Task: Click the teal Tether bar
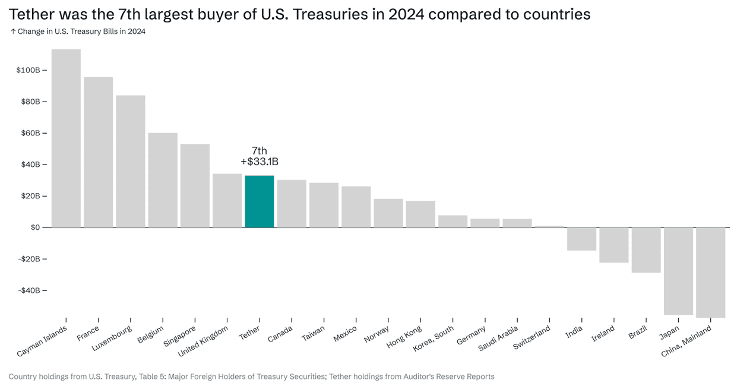coord(260,201)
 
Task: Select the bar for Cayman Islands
coord(66,138)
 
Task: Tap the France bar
coord(98,152)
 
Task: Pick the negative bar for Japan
coord(678,271)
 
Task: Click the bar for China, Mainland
coord(710,273)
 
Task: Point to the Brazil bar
coord(646,250)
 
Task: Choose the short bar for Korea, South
coord(453,222)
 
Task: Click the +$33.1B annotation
coord(260,162)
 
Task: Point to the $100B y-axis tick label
coord(28,70)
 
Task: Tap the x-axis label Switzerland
coord(532,337)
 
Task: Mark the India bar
coord(581,239)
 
